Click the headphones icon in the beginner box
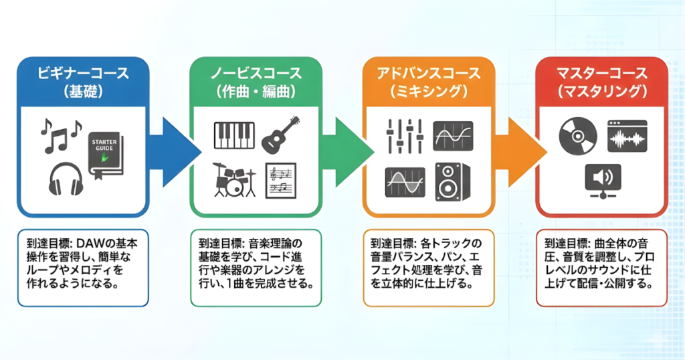[x=66, y=178]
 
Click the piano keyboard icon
[x=234, y=136]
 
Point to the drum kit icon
[x=234, y=179]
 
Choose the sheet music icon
[x=280, y=180]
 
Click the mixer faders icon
[x=405, y=135]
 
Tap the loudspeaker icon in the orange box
[x=452, y=181]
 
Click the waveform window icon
[x=627, y=135]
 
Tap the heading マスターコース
[x=602, y=73]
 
